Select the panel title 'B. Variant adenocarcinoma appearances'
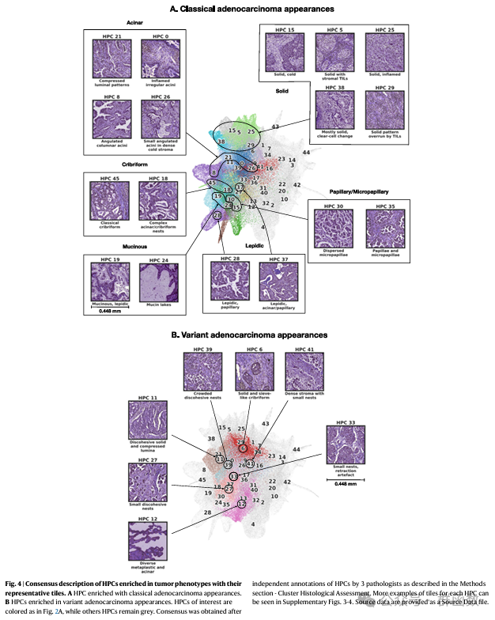[x=250, y=335]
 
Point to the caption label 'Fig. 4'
[x=16, y=583]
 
